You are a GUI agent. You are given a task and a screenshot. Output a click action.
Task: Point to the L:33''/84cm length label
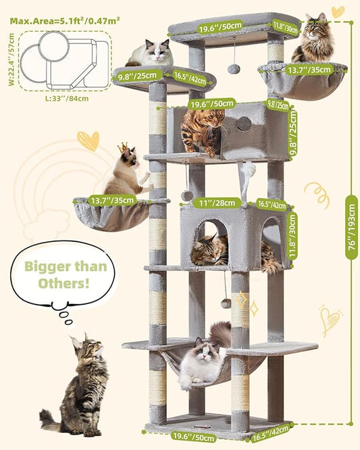click(64, 99)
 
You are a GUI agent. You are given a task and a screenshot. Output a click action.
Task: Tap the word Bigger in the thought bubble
click(47, 266)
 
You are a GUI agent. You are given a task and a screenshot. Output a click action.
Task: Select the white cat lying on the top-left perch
click(150, 53)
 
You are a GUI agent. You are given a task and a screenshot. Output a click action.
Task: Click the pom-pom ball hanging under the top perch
click(233, 68)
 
